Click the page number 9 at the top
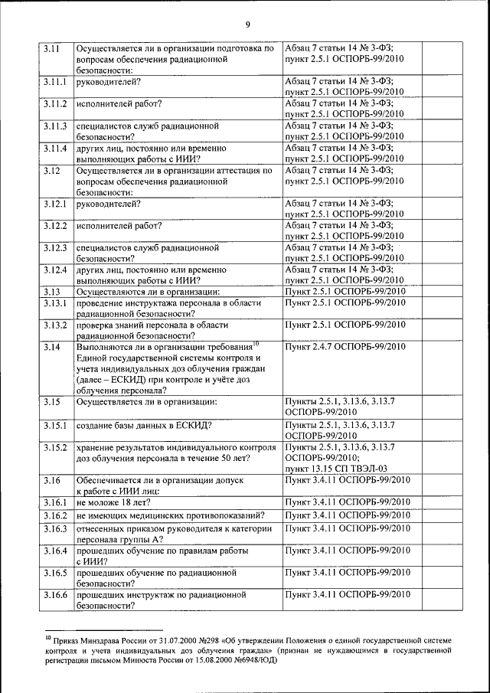click(247, 25)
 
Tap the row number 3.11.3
click(54, 125)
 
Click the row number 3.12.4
click(54, 270)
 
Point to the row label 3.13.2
click(54, 325)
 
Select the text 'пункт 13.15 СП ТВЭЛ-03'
click(336, 468)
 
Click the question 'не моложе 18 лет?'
click(113, 502)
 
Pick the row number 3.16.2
click(54, 516)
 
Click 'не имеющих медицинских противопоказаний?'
click(171, 516)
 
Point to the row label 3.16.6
click(54, 594)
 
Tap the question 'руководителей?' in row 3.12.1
click(108, 204)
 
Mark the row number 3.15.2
click(54, 446)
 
